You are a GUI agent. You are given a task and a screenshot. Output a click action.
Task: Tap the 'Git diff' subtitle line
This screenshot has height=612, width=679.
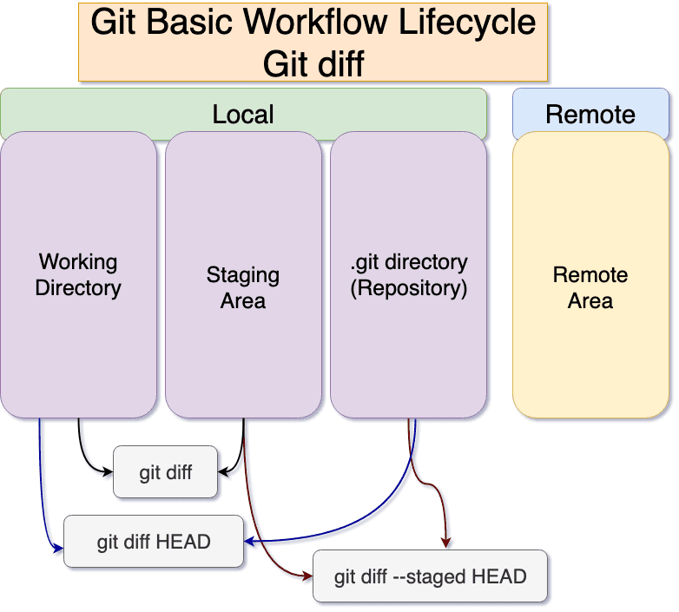313,63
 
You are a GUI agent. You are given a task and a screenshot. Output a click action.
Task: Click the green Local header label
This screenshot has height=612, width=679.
243,115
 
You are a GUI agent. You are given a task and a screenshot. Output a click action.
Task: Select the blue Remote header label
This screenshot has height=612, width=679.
590,115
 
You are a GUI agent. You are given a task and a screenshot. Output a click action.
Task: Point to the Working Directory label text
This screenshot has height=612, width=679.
78,274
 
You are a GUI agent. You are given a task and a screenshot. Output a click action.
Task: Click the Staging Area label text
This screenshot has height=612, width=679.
243,288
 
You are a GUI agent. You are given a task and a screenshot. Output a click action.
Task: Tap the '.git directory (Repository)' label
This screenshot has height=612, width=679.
409,274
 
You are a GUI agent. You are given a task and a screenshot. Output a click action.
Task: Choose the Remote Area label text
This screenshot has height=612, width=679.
590,288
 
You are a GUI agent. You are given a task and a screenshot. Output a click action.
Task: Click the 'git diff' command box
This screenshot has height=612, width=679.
166,473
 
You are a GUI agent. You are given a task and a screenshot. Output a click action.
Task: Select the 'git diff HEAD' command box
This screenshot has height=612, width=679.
154,542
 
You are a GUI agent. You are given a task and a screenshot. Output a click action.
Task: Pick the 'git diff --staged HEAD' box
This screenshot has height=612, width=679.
430,576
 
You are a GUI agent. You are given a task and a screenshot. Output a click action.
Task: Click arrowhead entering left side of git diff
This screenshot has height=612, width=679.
109,473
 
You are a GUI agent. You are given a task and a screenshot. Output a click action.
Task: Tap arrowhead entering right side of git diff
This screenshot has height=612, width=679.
223,473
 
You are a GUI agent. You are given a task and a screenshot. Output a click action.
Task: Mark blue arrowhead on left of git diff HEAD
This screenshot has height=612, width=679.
60,549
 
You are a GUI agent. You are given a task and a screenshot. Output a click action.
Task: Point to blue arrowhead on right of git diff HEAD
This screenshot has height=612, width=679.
248,542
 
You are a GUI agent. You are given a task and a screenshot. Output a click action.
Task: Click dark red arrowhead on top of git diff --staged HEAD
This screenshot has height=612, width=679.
446,544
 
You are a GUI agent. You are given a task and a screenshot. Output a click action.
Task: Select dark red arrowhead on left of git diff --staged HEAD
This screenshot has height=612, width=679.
307,576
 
